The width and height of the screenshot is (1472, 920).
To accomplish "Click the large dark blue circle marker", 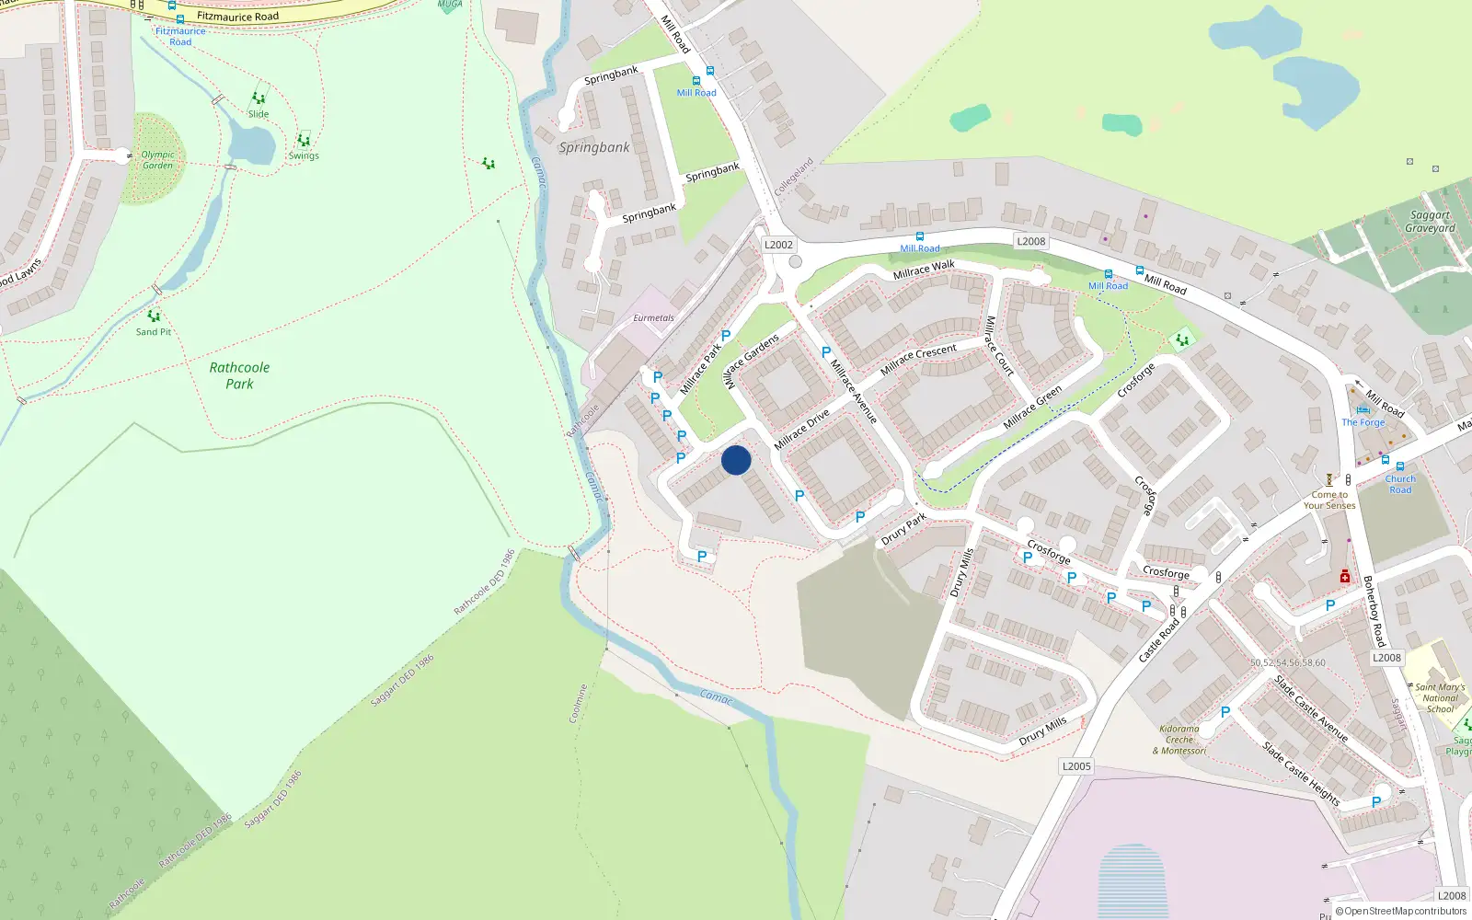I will (736, 460).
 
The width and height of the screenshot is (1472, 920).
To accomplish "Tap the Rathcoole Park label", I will (239, 375).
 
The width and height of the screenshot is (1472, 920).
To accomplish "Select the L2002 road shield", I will (778, 245).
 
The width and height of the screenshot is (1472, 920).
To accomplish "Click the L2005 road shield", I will (1076, 766).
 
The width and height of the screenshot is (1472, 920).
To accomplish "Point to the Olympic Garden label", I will (157, 160).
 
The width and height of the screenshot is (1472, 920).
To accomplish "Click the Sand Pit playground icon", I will (154, 316).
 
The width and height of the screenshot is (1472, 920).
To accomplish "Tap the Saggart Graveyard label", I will (1430, 222).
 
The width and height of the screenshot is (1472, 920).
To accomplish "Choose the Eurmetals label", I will (653, 318).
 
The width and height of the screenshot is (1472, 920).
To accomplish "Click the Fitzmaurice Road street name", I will (237, 17).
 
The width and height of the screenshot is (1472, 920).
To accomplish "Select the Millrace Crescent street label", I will (918, 360).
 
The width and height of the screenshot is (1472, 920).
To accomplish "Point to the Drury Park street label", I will (903, 530).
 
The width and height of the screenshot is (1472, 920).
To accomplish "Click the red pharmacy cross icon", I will (1344, 577).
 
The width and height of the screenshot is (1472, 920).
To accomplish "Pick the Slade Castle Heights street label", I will (1300, 774).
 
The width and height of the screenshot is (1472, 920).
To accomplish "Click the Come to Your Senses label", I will (1328, 500).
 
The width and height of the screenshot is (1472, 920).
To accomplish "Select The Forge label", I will (1363, 422).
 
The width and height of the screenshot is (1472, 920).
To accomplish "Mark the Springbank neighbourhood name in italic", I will (594, 147).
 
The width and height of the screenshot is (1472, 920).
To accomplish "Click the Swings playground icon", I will (303, 141).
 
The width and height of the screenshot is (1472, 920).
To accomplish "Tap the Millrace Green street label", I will (1032, 407).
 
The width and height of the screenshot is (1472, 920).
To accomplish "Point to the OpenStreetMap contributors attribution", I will (1400, 911).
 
